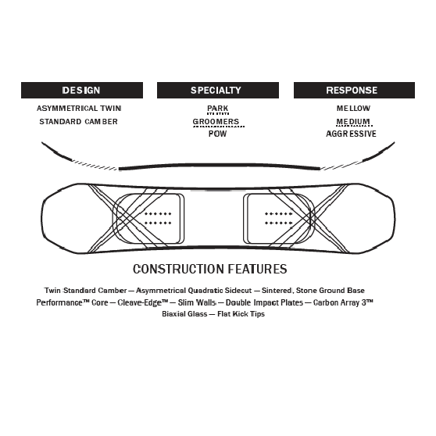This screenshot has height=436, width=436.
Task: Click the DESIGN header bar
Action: [x=82, y=90]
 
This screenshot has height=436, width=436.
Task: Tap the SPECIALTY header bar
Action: [x=218, y=90]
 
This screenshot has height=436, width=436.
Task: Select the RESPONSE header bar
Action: [x=354, y=90]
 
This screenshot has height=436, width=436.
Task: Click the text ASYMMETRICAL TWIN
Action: [x=79, y=108]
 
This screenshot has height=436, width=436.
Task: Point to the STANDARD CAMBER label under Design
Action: [x=78, y=122]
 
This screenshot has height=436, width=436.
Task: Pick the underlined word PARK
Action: [x=218, y=108]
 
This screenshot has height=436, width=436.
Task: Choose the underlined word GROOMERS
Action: [x=216, y=122]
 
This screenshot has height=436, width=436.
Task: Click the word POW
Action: [x=217, y=134]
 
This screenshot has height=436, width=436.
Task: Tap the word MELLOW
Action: [x=353, y=108]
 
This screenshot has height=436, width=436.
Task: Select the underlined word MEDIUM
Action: [x=353, y=122]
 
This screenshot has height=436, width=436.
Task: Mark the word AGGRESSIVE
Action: [x=351, y=134]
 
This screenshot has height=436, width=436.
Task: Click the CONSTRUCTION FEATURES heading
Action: [x=210, y=269]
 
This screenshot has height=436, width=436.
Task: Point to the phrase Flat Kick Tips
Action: [x=241, y=314]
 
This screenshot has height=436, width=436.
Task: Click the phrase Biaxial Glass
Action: [x=184, y=314]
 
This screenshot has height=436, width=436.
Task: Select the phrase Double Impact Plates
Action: [x=264, y=302]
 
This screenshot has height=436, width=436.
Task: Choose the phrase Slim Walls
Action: [x=197, y=302]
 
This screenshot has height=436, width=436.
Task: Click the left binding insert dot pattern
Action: [x=158, y=218]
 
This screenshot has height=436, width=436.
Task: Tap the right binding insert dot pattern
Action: [x=278, y=218]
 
